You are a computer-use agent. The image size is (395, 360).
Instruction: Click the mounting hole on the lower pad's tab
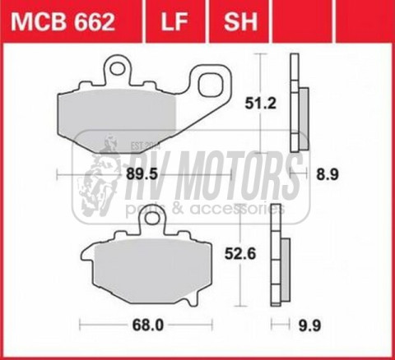coord(151,220)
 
